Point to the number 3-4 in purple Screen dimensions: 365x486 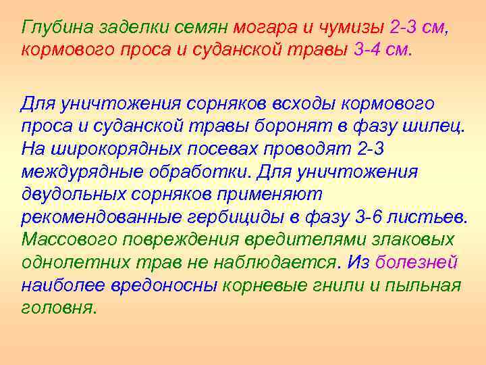point(367,50)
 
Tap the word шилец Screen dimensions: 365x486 point(435,126)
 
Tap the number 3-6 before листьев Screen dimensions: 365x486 point(371,216)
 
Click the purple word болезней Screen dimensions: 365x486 point(416,262)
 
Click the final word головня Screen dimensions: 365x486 point(59,307)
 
